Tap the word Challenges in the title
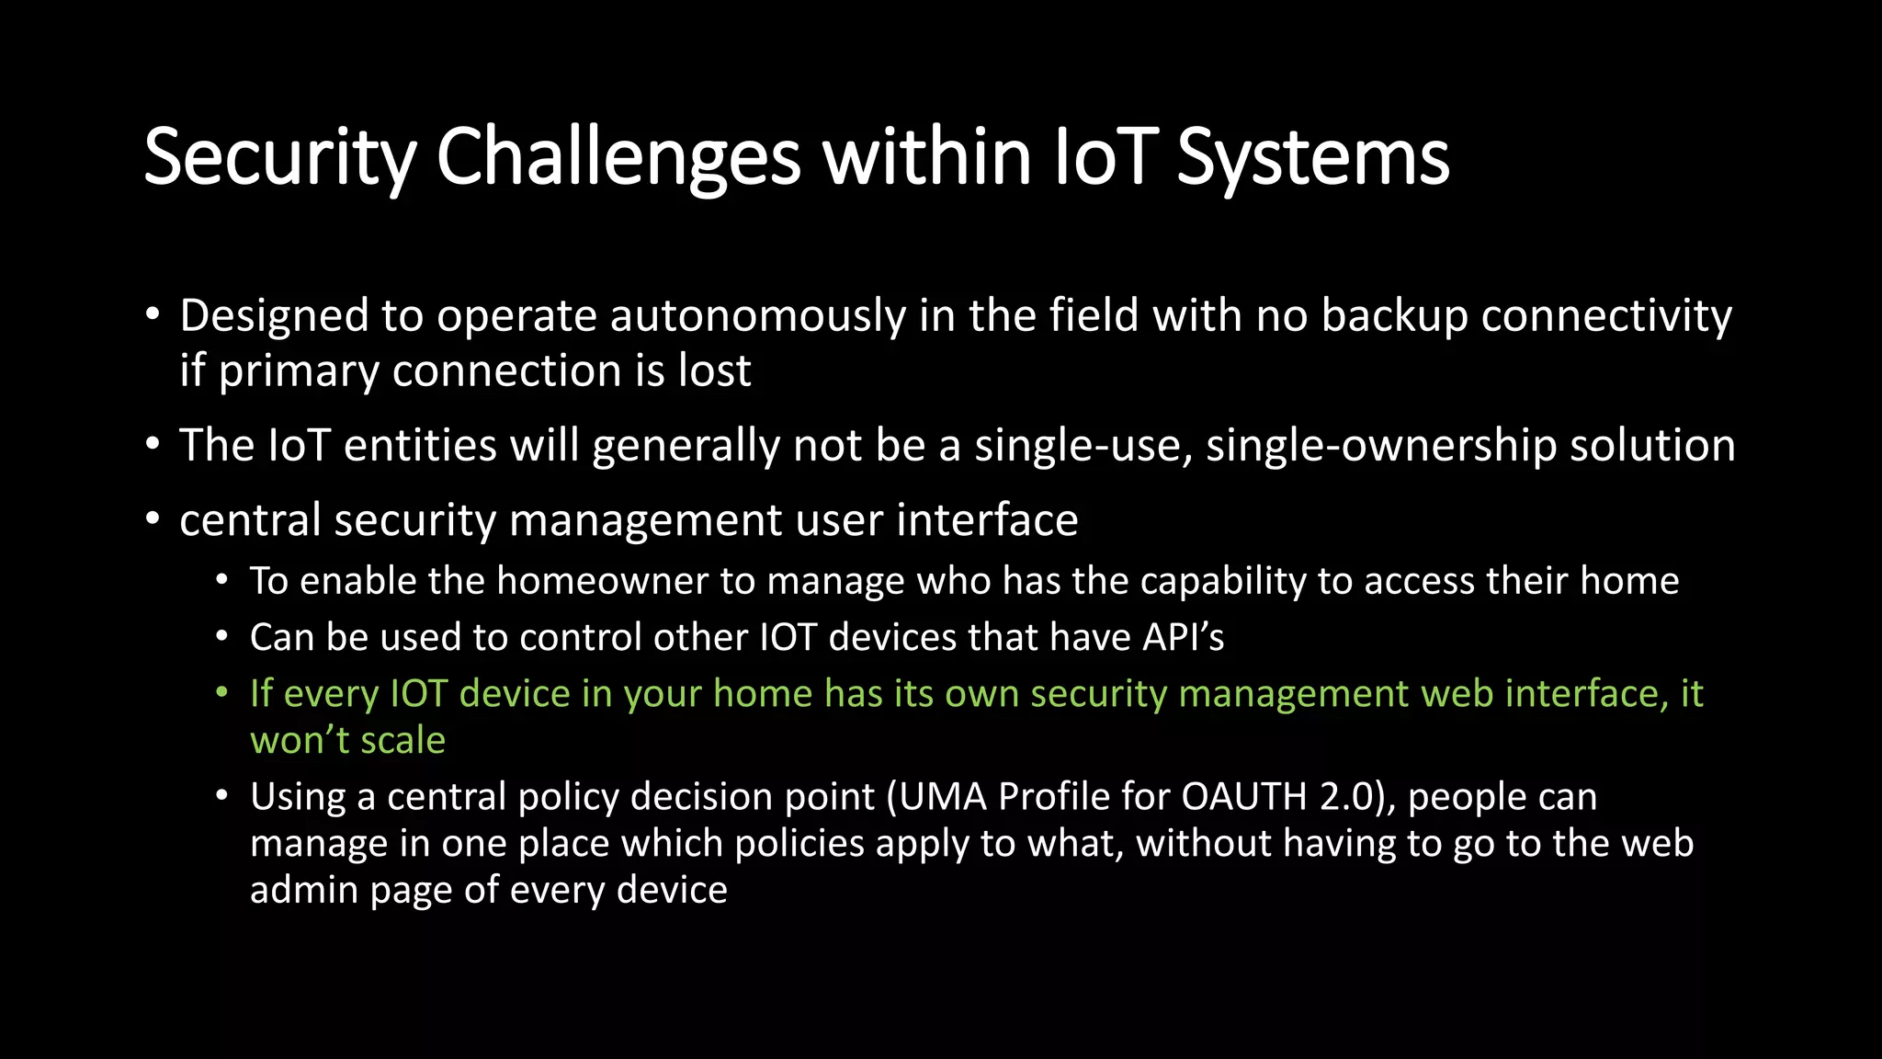click(618, 158)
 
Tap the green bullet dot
click(221, 692)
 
